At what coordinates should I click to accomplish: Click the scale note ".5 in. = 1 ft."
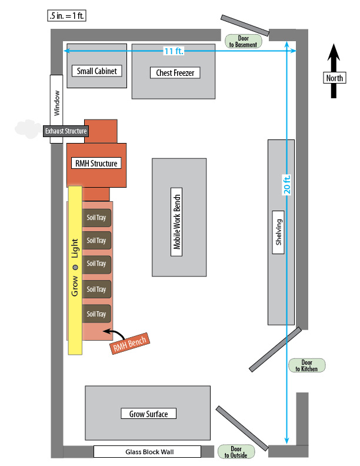66,16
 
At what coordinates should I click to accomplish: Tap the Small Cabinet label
97,71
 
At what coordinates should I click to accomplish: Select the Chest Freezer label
175,73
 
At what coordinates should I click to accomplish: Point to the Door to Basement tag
242,41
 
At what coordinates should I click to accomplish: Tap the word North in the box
334,78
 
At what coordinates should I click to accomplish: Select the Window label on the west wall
56,102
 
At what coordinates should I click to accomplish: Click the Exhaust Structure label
66,131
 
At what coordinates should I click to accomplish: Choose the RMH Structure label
96,164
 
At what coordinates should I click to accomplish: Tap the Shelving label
279,232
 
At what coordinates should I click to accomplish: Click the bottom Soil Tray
96,314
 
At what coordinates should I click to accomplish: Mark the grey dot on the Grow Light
75,268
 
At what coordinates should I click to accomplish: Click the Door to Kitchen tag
306,365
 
